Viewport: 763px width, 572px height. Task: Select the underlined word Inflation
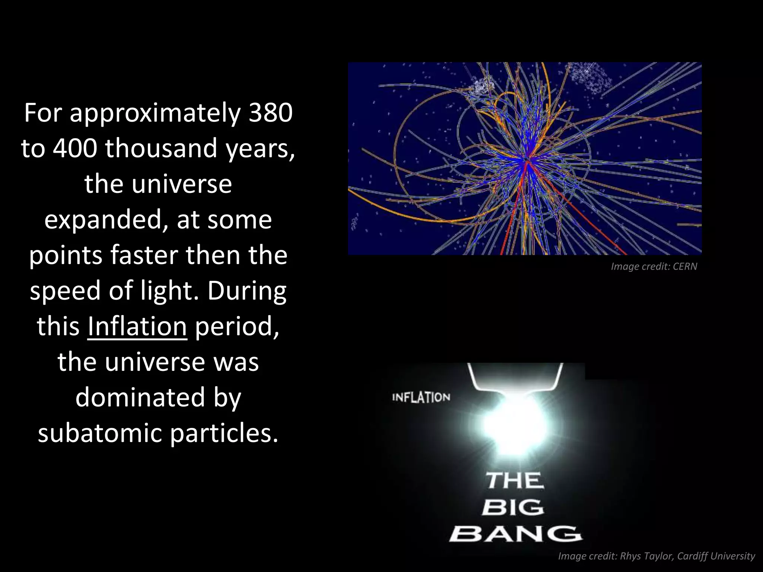pos(137,326)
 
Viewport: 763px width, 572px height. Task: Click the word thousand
pos(161,148)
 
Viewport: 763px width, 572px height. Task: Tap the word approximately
pos(155,113)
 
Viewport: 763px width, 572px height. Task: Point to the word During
pos(247,291)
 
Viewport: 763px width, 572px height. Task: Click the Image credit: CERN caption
pos(654,267)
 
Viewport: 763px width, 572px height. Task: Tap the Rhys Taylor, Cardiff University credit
pos(687,556)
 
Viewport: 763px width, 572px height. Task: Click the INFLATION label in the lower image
pos(421,397)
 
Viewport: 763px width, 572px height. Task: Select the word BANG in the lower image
pos(515,534)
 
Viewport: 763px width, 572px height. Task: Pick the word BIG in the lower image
pos(513,507)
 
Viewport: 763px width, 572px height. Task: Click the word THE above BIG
pos(515,480)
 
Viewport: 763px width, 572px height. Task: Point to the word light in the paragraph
pos(168,291)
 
